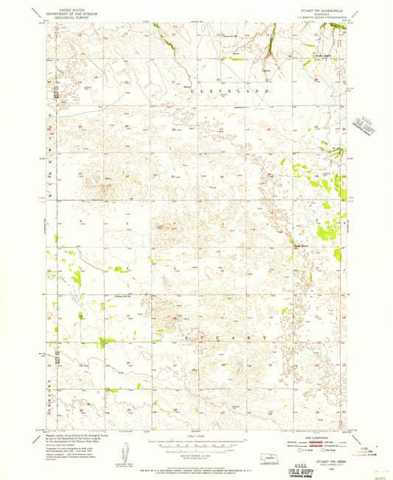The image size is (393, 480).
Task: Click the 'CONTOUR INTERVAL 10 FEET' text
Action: click(196, 459)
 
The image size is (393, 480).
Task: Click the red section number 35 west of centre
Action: click(172, 177)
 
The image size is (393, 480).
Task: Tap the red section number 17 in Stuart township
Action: click(129, 316)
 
